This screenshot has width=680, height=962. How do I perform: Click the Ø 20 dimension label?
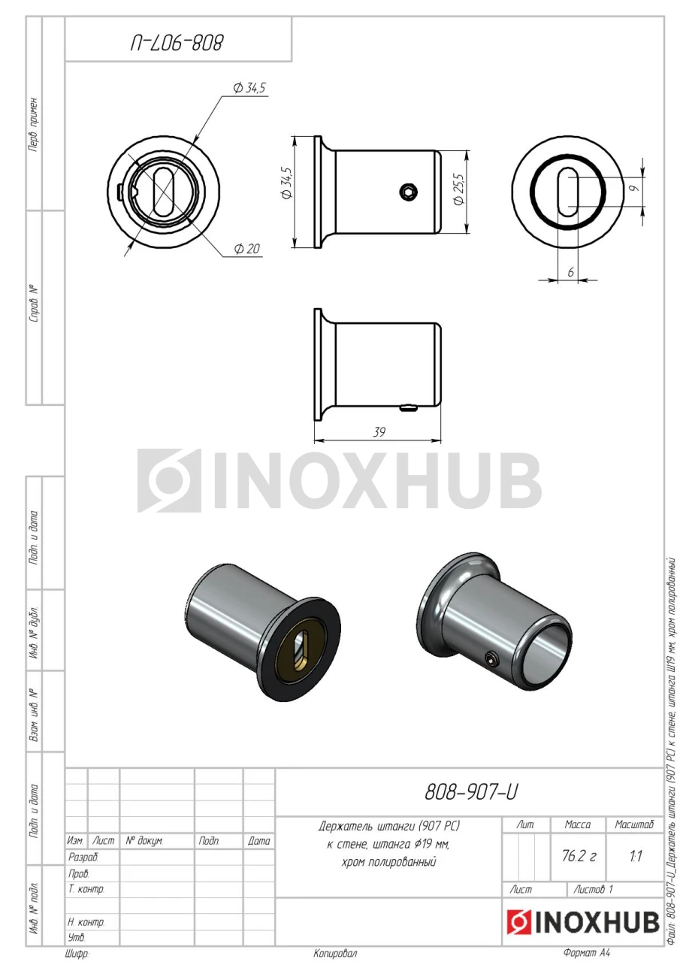pyautogui.click(x=247, y=249)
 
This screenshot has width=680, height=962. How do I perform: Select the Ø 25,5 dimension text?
pyautogui.click(x=459, y=189)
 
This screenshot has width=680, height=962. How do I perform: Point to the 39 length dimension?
pyautogui.click(x=379, y=431)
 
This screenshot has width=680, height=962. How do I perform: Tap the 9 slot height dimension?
pyautogui.click(x=634, y=188)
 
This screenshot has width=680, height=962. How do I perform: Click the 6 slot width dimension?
pyautogui.click(x=570, y=272)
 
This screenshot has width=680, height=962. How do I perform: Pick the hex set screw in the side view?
pyautogui.click(x=407, y=192)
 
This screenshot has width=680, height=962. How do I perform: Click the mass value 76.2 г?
pyautogui.click(x=579, y=856)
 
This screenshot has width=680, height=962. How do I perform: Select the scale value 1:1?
pyautogui.click(x=636, y=856)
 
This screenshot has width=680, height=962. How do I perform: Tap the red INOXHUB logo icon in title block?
pyautogui.click(x=518, y=922)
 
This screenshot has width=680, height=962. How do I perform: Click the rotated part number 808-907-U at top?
pyautogui.click(x=177, y=43)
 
